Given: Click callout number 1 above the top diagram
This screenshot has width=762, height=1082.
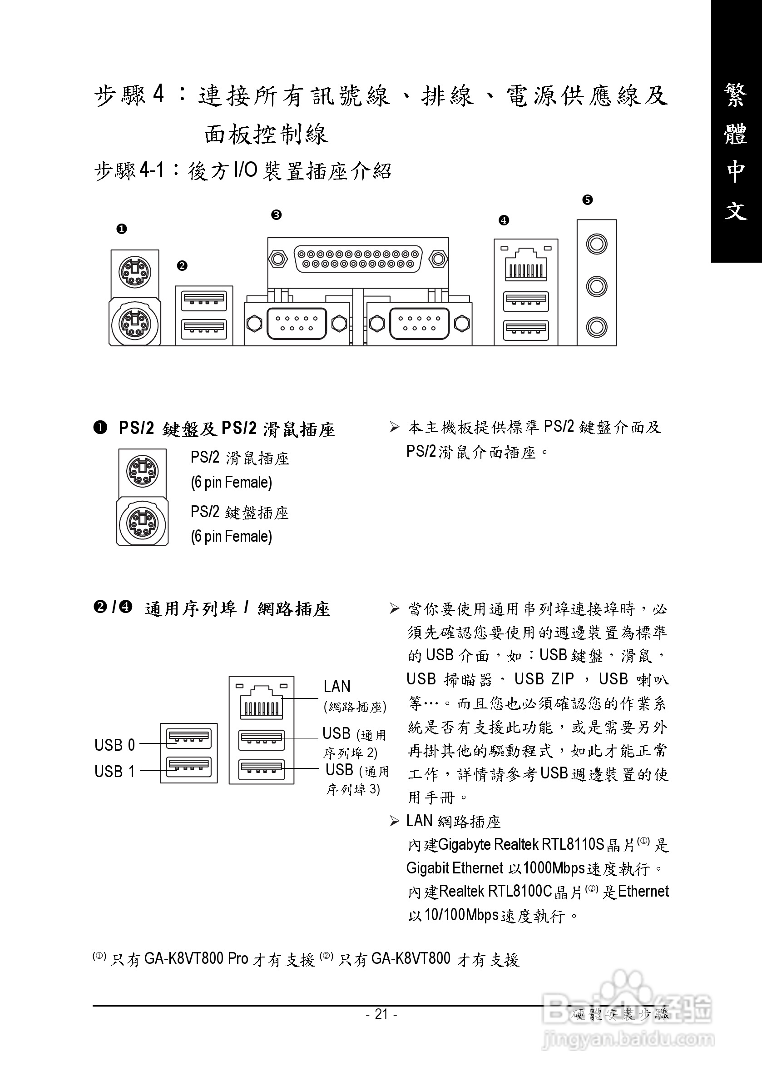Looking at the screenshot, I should coord(122,229).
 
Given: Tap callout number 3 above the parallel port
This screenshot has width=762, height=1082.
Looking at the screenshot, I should coord(277,215).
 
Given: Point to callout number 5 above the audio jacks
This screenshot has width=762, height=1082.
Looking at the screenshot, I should coord(587,200).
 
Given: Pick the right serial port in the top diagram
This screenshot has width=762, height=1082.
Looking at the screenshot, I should coord(419,323).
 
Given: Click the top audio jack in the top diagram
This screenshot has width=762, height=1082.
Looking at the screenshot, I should coord(597,244).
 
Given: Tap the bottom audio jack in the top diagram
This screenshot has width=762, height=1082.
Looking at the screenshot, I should coord(597,327).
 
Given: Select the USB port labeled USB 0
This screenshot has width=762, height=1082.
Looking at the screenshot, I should coord(189,738).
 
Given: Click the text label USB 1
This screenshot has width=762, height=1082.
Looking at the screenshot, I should coord(114,772).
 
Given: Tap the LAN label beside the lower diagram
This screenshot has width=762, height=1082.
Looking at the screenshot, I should coord(337,687).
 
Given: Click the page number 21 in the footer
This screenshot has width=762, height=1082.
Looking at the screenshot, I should coord(381,1014).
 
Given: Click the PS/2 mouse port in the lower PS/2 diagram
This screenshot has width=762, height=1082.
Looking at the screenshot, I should coord(142,470).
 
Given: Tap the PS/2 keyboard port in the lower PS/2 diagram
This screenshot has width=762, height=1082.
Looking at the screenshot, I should coord(142,522).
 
